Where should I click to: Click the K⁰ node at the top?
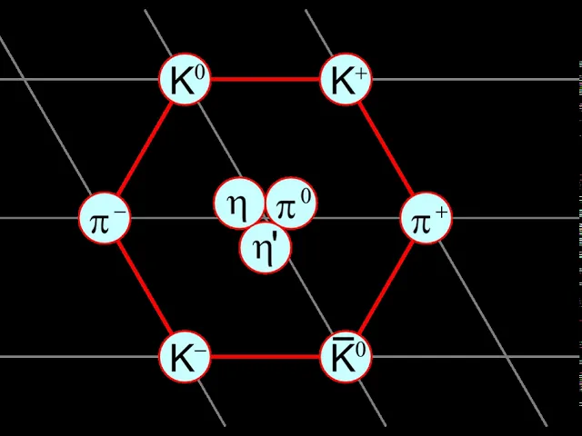(185, 79)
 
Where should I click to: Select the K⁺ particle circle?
(346, 79)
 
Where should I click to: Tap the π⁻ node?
(105, 218)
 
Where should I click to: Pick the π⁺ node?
(426, 218)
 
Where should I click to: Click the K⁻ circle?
(185, 357)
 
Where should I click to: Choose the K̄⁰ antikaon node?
(346, 357)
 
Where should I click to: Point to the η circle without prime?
(239, 203)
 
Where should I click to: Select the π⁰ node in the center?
(291, 203)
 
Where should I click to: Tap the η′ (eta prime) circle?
(265, 248)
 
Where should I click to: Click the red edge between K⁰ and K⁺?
(266, 79)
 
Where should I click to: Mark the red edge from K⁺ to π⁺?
(386, 149)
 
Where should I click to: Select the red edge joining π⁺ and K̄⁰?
(386, 287)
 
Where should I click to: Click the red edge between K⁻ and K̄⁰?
(266, 357)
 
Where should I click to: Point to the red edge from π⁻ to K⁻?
(145, 287)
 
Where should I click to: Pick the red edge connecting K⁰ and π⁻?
(145, 149)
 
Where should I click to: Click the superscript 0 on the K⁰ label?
(200, 73)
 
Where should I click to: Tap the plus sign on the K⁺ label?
(361, 74)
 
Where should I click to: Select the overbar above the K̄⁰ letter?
(337, 339)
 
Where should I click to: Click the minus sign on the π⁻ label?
(121, 213)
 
